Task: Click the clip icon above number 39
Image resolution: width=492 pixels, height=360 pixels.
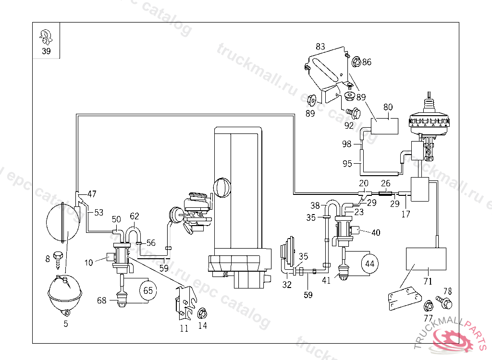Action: click(x=46, y=36)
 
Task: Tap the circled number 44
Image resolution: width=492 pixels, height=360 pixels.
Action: click(x=369, y=264)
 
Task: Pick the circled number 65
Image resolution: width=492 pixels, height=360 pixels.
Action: click(x=148, y=290)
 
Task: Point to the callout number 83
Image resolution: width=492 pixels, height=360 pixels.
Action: click(x=320, y=47)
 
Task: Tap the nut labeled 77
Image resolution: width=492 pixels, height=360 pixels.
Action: click(x=427, y=305)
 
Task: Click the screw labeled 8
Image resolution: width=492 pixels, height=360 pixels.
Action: click(x=59, y=258)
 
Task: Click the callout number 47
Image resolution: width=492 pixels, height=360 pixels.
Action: click(x=91, y=194)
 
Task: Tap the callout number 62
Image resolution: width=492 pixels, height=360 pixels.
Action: click(x=135, y=216)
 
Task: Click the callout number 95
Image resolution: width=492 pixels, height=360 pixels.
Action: click(x=347, y=163)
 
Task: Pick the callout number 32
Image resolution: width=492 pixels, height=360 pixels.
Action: click(x=287, y=285)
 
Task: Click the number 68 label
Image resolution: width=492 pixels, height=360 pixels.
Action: click(x=101, y=300)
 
